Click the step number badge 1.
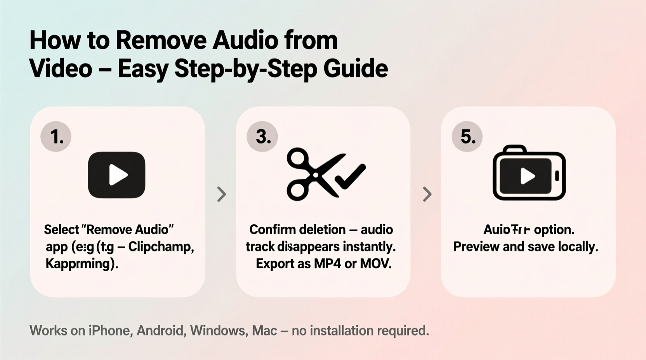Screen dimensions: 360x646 (x=56, y=137)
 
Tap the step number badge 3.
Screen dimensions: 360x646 (x=262, y=137)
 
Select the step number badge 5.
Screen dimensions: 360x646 (x=467, y=137)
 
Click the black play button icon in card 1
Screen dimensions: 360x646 (x=116, y=175)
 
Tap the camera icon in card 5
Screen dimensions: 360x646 (x=529, y=173)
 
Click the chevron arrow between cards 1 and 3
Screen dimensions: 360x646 (x=221, y=194)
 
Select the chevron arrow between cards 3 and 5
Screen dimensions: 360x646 (x=427, y=194)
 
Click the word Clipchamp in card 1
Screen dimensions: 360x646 (x=161, y=247)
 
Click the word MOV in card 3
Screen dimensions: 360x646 (x=375, y=264)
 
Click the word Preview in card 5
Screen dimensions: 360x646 (x=476, y=247)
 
